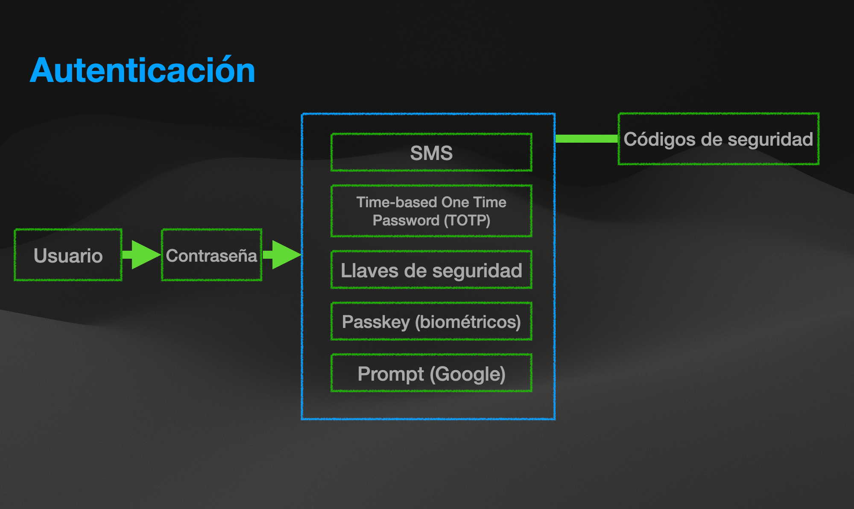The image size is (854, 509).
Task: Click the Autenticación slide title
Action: [143, 70]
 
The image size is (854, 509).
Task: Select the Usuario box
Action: [68, 255]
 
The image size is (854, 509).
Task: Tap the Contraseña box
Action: [211, 255]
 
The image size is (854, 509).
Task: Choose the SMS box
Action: [431, 152]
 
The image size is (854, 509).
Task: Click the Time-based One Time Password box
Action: [431, 211]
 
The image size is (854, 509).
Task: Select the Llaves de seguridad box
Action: [431, 270]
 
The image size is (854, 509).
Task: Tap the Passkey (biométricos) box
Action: [431, 321]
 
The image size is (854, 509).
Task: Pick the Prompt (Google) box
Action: [431, 373]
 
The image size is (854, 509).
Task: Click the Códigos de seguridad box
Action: [718, 139]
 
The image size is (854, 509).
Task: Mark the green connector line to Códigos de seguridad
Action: [586, 138]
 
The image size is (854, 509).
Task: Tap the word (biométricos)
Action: [468, 322]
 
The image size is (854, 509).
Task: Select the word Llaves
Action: [369, 271]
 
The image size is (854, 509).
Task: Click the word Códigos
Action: [659, 139]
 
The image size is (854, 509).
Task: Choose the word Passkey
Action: [376, 322]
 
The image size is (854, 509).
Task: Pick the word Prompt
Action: [391, 374]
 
